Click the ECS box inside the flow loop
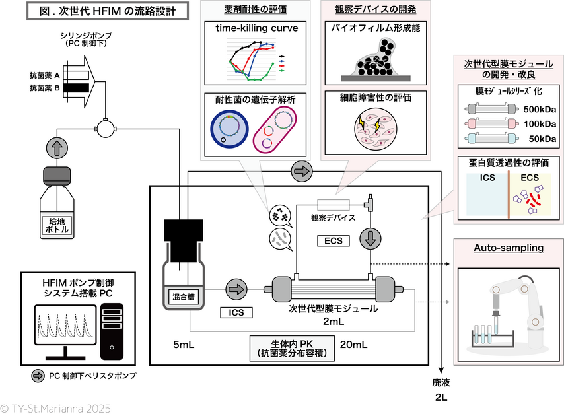coord(334,240)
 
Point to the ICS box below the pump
coord(236,312)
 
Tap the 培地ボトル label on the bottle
coord(60,225)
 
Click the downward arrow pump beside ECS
coord(369,238)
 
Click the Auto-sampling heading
coord(508,248)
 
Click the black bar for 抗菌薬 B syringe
coord(78,87)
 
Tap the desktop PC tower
coord(115,326)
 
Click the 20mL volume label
coord(353,344)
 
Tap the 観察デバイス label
coord(334,217)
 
